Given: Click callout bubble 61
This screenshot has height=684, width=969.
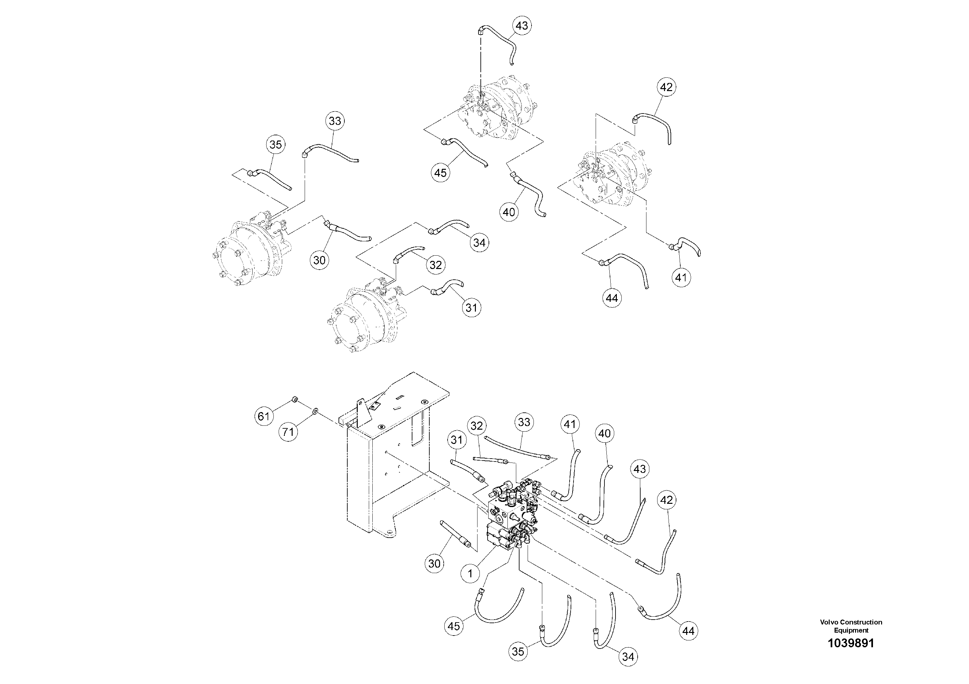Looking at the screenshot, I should pyautogui.click(x=263, y=417).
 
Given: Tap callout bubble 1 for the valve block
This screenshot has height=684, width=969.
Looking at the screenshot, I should pyautogui.click(x=470, y=573).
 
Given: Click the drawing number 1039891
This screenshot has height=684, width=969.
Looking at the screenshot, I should pyautogui.click(x=851, y=655).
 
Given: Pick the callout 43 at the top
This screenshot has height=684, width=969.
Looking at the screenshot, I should pyautogui.click(x=522, y=26).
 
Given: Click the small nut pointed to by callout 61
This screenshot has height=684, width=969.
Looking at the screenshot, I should pyautogui.click(x=294, y=399).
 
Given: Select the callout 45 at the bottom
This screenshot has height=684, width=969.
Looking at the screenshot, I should pyautogui.click(x=454, y=626).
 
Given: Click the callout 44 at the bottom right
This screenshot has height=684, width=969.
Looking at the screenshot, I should pyautogui.click(x=688, y=631).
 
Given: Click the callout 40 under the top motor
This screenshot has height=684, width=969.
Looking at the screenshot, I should pyautogui.click(x=509, y=212).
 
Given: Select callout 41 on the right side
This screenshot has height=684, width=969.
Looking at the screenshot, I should pyautogui.click(x=681, y=277).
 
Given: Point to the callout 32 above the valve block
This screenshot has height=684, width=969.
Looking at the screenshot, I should pyautogui.click(x=477, y=426).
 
